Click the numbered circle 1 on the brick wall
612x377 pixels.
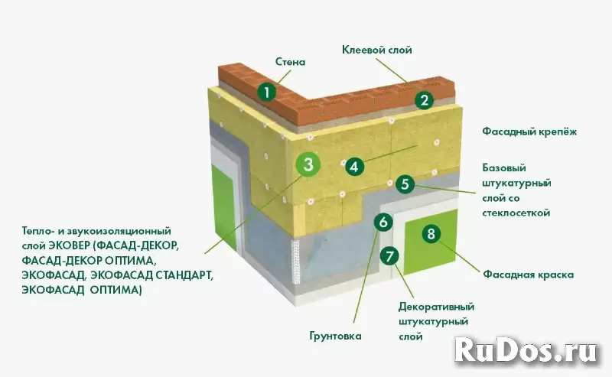(267, 93)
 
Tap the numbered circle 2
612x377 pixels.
(425, 100)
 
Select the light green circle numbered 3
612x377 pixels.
(308, 164)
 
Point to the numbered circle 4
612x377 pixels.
(354, 167)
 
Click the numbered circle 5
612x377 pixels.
(405, 184)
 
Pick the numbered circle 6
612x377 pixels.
(383, 222)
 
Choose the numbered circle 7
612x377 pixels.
(389, 256)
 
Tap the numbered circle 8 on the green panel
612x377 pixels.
(431, 234)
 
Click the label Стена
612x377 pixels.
(291, 62)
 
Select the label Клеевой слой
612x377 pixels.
(376, 50)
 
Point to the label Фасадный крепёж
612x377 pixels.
(529, 132)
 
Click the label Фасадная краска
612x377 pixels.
(529, 275)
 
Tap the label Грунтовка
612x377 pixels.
(335, 336)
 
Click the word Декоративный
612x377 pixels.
(436, 307)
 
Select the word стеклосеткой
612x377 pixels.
(516, 213)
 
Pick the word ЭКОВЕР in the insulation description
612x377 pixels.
(70, 246)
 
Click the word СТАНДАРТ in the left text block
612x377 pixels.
(184, 275)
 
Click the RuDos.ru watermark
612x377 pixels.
(526, 351)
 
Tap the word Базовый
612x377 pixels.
(504, 167)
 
